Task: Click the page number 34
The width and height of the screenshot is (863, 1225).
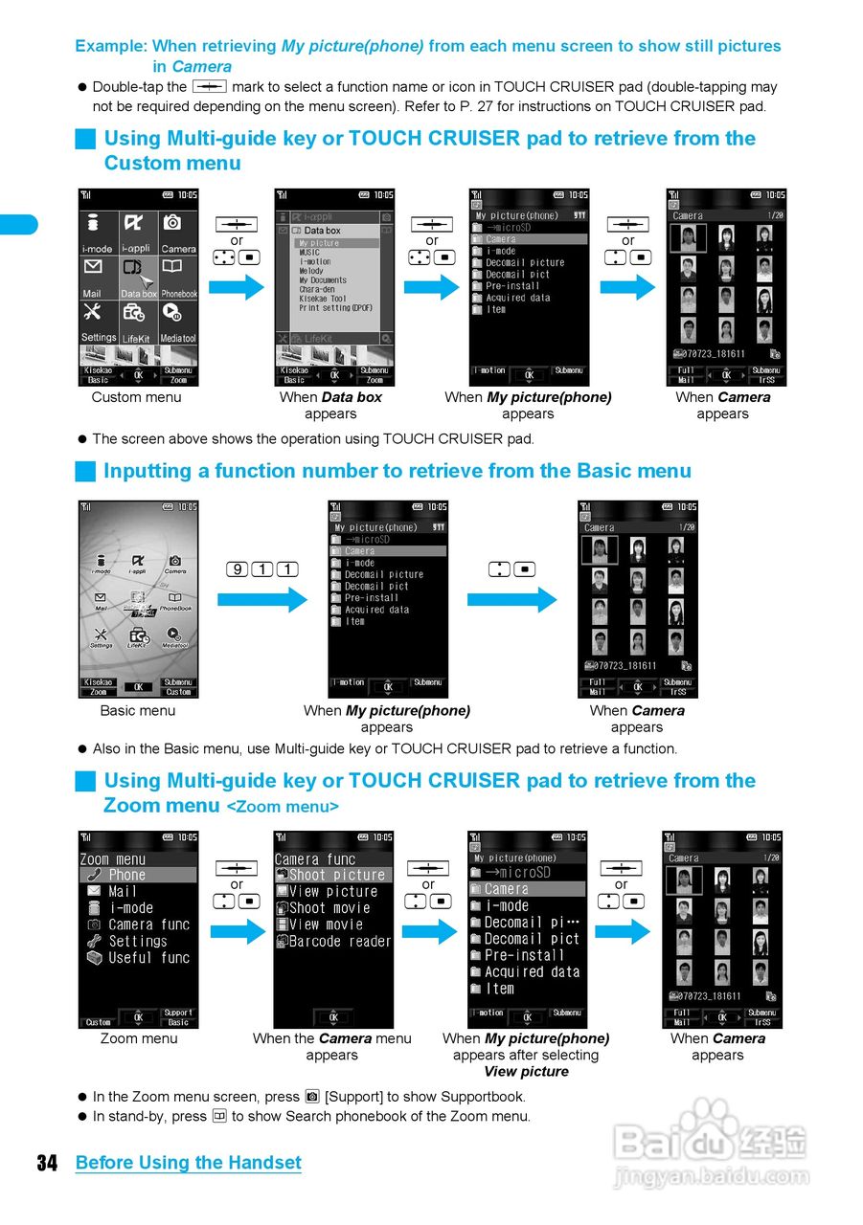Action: click(47, 1163)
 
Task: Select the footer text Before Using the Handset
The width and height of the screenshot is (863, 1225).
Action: click(188, 1163)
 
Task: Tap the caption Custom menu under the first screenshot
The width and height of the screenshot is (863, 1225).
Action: click(136, 397)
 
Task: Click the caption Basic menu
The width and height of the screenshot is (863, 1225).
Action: click(138, 711)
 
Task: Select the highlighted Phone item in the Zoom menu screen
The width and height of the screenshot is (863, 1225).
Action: click(138, 875)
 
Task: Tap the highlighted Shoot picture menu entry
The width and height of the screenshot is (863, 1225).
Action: click(333, 875)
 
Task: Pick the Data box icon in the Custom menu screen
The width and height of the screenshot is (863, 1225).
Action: click(138, 278)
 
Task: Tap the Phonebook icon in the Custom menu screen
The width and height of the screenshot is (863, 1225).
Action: click(178, 278)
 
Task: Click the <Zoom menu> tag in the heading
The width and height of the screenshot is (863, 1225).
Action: click(283, 807)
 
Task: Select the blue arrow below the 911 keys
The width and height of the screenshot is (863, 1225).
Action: click(261, 600)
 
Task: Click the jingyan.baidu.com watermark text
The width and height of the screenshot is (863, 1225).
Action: click(711, 1177)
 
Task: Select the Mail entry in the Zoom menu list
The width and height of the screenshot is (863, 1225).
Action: click(124, 891)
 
